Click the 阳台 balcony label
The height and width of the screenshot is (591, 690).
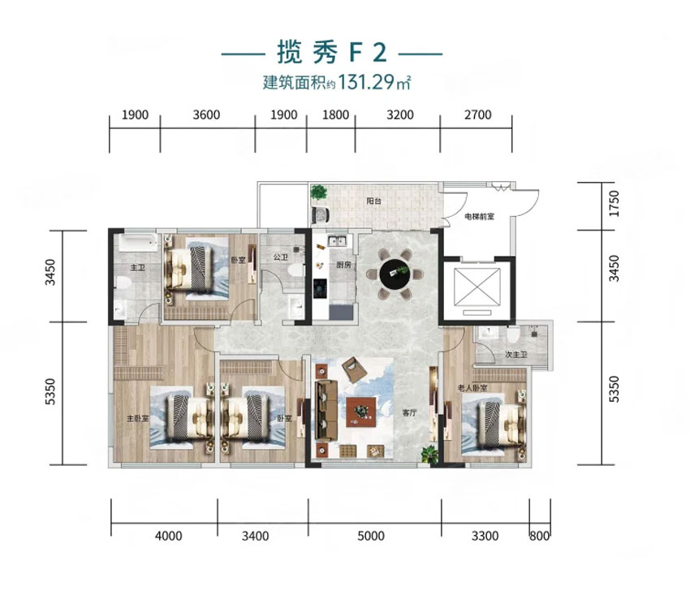click(373, 200)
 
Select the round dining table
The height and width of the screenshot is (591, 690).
click(395, 274)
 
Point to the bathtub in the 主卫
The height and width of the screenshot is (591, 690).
click(133, 243)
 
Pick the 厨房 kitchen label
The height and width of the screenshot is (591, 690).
click(341, 265)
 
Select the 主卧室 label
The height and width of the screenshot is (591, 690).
click(136, 420)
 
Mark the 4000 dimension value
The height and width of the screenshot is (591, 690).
click(169, 536)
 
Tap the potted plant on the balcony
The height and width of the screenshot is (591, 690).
click(318, 194)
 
